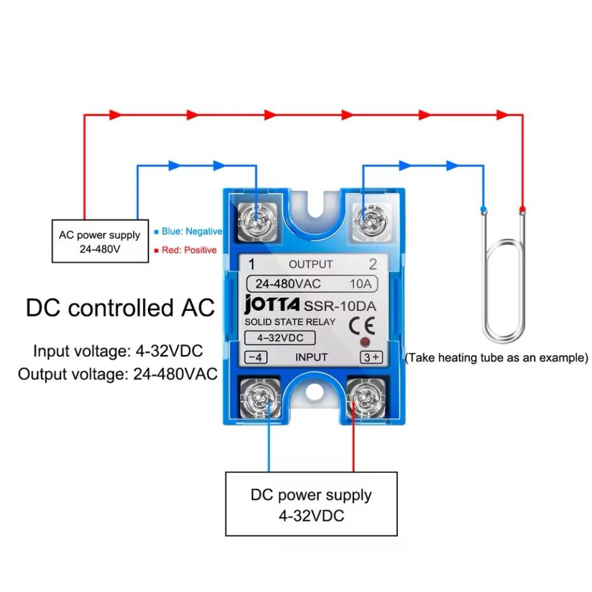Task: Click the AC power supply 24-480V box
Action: tap(100, 242)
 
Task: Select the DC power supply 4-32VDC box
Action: tap(311, 504)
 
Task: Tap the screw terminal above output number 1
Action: tap(257, 221)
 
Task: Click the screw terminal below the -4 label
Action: tap(260, 398)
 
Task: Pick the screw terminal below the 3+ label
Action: tap(366, 398)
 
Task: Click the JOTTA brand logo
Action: tap(272, 304)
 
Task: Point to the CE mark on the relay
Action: tap(362, 326)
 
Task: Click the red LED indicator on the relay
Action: tap(365, 342)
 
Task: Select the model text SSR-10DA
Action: tap(340, 306)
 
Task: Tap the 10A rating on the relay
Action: tap(361, 284)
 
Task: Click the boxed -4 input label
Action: tap(256, 357)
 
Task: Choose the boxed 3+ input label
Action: tap(372, 357)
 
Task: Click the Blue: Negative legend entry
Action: tap(188, 231)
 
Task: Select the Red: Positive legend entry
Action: tap(185, 250)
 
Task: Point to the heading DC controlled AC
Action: tap(120, 307)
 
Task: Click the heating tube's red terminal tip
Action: tap(522, 209)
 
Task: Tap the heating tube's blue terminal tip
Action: tap(483, 209)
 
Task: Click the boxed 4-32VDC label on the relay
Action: tap(280, 337)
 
